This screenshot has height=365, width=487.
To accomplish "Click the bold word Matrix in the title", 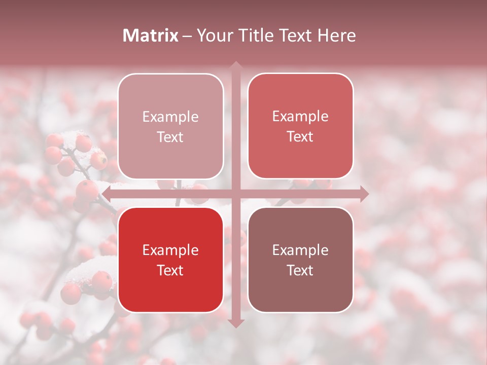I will coord(151,35).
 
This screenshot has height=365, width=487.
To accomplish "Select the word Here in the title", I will coord(336,35).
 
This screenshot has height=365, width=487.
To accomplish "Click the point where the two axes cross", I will coord(235,194).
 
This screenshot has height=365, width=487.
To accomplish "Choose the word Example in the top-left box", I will coord(170,117).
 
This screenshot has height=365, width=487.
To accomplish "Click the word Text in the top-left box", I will coord(170,137).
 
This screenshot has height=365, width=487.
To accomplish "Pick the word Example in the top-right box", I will coord(300,117).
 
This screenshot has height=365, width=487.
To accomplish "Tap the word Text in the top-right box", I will coord(300,137).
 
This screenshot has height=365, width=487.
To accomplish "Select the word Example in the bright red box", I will coord(170,250).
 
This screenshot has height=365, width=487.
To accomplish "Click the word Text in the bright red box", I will coord(170,271).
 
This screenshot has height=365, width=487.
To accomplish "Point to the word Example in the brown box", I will coord(300,250).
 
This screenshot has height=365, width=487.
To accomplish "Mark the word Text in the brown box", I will coord(300,271).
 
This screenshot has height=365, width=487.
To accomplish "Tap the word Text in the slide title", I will coord(296,35).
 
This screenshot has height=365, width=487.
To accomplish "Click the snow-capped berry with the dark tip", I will coord(99,160).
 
